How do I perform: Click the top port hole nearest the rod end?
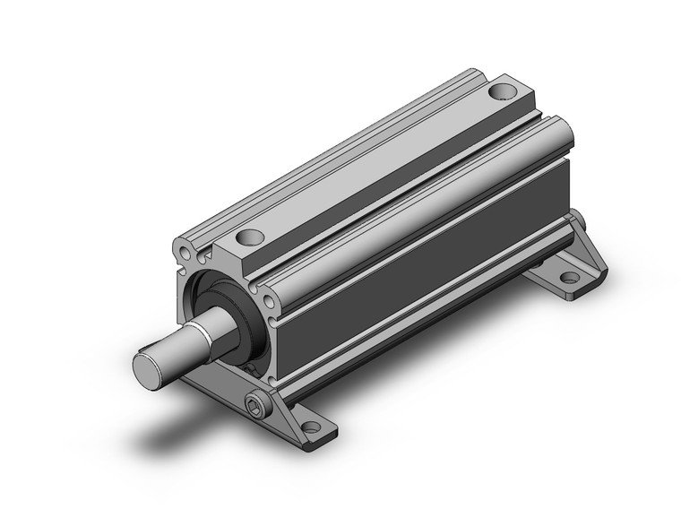249,237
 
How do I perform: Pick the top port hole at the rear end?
504,91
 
